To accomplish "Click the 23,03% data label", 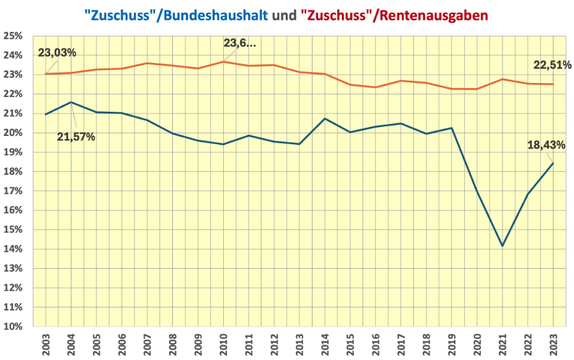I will point(58,52).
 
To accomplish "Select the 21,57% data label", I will point(76,137).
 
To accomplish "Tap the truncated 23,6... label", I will point(239,43).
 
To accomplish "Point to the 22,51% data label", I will point(552,65).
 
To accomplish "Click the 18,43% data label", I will point(546,145).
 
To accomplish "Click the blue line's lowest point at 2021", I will point(503,246).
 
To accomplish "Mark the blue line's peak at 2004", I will point(71,102).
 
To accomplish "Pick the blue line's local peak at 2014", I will point(325,118).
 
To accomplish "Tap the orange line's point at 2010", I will point(223,61).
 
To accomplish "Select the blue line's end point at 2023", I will point(553,163).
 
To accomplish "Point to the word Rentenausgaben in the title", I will point(435,14).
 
